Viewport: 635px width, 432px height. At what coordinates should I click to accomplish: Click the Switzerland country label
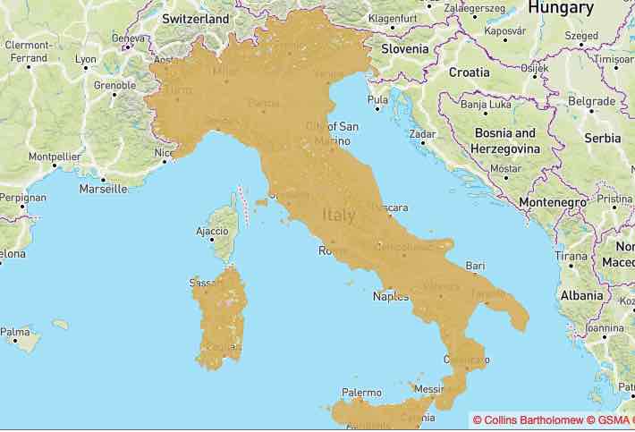pos(196,18)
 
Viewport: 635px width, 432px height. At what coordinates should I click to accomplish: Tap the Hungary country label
pos(561,8)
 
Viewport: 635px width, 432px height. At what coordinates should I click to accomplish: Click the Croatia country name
pos(469,72)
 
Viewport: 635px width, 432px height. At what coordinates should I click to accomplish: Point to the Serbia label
pos(602,139)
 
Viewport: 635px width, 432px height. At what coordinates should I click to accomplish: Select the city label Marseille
pos(103,189)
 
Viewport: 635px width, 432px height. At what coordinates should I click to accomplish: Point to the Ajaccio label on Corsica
pos(211,232)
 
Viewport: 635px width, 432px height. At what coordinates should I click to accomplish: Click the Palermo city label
pos(361,393)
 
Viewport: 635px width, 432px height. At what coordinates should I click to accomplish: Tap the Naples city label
pos(390,295)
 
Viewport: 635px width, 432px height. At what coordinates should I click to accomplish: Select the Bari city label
pos(476,266)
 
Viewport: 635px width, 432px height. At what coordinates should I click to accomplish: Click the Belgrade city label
pos(591,101)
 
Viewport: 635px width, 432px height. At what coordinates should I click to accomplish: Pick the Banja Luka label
pos(485,106)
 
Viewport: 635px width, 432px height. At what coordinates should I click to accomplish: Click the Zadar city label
pos(421,134)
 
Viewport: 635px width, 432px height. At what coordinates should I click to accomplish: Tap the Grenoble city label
pos(114,87)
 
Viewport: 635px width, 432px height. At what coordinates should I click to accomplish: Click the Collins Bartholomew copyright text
pos(529,419)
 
